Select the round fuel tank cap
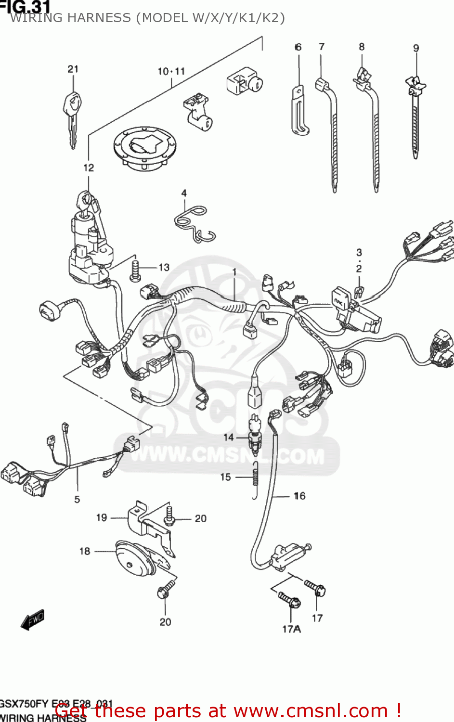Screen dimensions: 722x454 coord(145,147)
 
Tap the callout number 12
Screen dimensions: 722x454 coord(89,168)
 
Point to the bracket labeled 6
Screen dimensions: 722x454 coord(299,111)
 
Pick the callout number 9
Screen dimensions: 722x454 coord(416,48)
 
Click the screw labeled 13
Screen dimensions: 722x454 coord(135,271)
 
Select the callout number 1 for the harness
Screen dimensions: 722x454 coord(234,272)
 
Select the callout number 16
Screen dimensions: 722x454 coord(299,496)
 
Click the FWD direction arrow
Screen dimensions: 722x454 coord(32,620)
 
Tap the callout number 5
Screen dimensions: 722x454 coord(77,499)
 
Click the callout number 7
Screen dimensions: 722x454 coord(322,47)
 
